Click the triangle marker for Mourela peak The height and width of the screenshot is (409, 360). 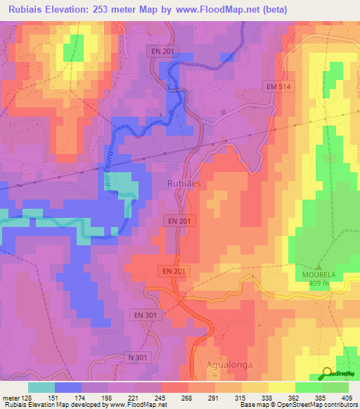pyautogui.click(x=319, y=268)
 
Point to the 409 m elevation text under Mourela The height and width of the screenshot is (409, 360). pyautogui.click(x=319, y=285)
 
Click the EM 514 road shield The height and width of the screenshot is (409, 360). pyautogui.click(x=278, y=86)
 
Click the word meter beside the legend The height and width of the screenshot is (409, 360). pyautogui.click(x=11, y=397)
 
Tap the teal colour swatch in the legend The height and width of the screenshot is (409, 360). pyautogui.click(x=41, y=387)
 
